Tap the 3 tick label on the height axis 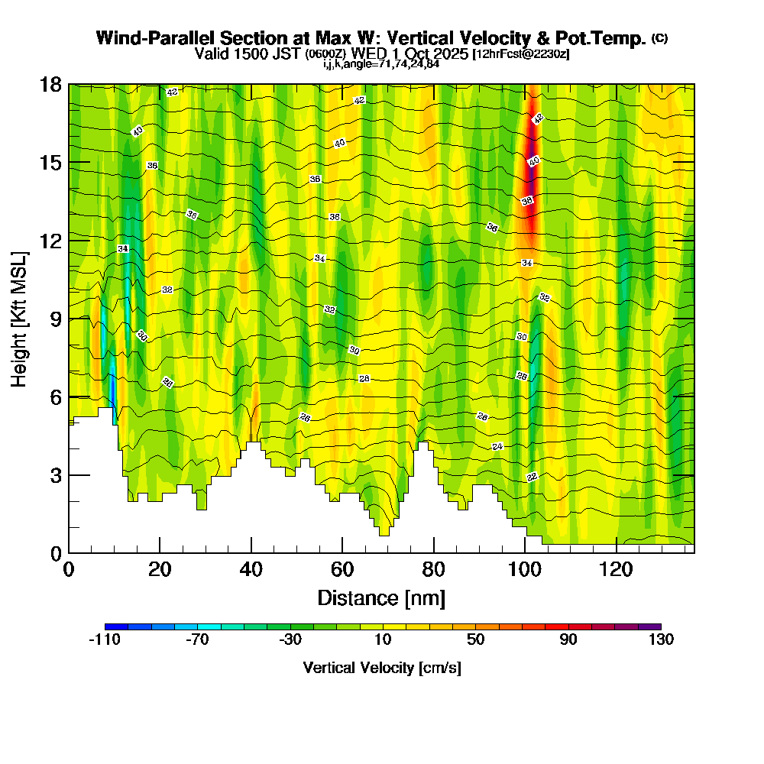pos(55,475)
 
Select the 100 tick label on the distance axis pos(525,570)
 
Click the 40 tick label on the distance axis pos(251,570)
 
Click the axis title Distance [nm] pos(380,597)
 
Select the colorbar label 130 pos(661,640)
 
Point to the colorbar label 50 pos(475,640)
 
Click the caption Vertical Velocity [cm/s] pos(382,668)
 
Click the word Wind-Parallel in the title pos(144,38)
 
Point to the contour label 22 pos(532,477)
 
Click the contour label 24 pos(497,446)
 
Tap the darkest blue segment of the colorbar pos(116,626)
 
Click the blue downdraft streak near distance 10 pos(112,386)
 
